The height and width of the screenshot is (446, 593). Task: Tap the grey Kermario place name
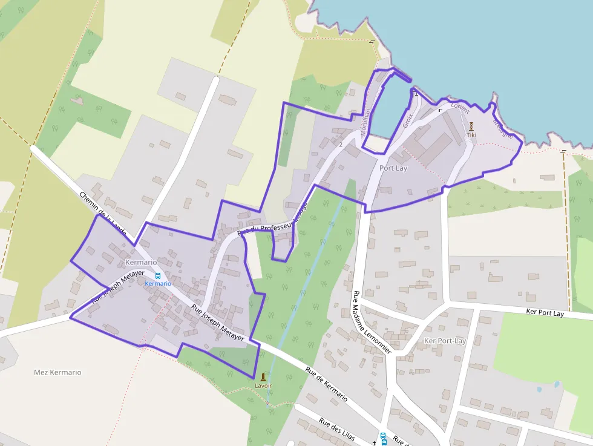point(141,263)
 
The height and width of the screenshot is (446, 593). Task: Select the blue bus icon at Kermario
point(158,275)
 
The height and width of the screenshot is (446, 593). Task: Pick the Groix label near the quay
point(407,120)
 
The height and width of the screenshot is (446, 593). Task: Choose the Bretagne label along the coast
point(503,128)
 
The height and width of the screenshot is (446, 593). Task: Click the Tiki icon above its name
point(471,126)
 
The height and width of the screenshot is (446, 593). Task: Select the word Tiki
point(471,135)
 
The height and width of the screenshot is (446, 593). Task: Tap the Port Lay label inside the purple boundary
point(393,168)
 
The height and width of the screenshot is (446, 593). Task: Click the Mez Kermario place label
point(57,372)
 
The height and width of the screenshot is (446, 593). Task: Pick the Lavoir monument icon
point(263,376)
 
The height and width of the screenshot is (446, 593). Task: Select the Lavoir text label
point(263,385)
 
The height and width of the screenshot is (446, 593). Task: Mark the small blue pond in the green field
point(556,384)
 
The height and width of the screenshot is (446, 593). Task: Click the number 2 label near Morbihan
point(341,145)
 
